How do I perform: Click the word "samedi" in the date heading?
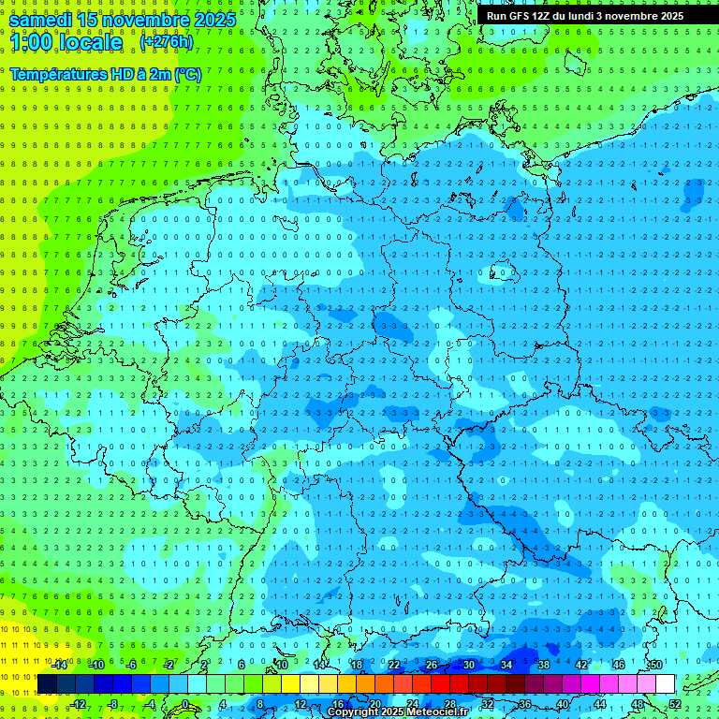click(40, 20)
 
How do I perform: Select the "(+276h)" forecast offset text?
click(166, 42)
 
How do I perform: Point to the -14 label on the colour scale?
click(60, 665)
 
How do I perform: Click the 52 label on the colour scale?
click(675, 704)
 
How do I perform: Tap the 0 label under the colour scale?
click(185, 704)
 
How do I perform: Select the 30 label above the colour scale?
click(468, 665)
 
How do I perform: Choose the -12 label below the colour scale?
click(79, 704)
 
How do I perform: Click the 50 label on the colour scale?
click(656, 665)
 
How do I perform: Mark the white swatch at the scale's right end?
click(665, 684)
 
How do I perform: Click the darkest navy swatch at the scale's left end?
click(48, 684)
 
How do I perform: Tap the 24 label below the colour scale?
click(413, 704)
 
